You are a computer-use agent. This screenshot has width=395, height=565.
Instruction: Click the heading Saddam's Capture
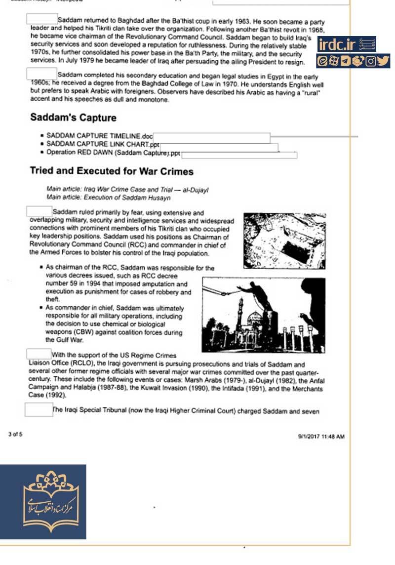click(73, 118)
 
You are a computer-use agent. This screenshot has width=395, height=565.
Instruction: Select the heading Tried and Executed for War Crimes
click(112, 171)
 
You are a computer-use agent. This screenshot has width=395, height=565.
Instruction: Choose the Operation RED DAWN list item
click(114, 152)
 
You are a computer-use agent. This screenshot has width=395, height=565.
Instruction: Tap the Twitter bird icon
click(383, 61)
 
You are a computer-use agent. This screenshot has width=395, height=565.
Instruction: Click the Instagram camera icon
click(371, 61)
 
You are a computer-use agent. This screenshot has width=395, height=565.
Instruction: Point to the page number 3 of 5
click(15, 434)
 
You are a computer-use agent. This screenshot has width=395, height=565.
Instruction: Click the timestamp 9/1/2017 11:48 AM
click(321, 437)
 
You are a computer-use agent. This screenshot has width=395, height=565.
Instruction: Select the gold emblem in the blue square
click(43, 501)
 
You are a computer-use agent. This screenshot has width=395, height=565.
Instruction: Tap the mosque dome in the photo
click(255, 319)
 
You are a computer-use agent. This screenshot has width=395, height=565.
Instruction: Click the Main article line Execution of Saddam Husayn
click(108, 198)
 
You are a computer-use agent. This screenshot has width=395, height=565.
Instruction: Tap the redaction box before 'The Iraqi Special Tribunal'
click(39, 410)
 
